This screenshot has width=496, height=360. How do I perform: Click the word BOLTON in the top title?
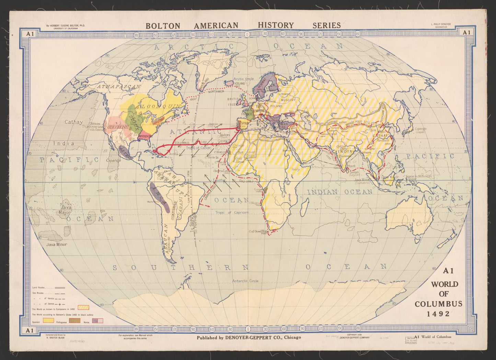(x=163, y=26)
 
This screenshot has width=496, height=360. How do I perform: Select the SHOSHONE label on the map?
(x=118, y=127)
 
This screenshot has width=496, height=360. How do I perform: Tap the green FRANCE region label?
(x=246, y=114)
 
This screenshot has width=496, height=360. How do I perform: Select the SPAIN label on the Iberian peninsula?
(x=244, y=123)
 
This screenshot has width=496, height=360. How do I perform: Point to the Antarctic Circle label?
(x=245, y=281)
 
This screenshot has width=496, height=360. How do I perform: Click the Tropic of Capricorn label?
(x=232, y=213)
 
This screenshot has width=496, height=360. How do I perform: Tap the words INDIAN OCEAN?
(x=339, y=192)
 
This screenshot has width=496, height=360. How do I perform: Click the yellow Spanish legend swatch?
(x=48, y=320)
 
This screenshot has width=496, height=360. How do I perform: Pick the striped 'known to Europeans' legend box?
(x=84, y=308)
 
